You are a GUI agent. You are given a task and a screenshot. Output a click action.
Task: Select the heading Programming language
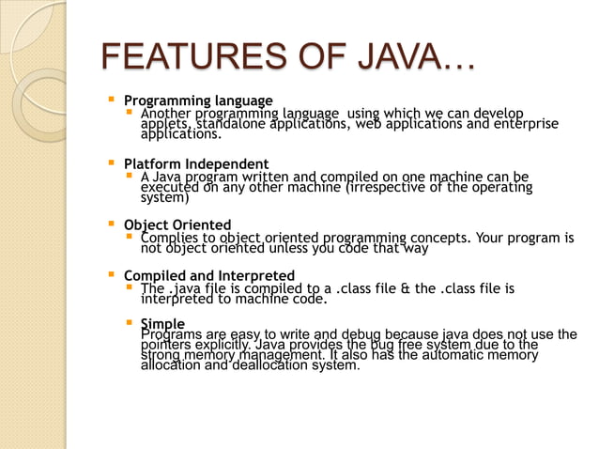[198, 101]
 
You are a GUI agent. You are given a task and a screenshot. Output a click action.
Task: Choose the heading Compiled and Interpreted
[209, 276]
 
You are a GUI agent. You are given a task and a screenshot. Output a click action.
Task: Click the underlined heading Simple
[161, 324]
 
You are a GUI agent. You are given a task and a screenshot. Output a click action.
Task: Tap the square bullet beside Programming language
[113, 100]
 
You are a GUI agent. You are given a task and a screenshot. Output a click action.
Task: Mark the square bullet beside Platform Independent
[113, 163]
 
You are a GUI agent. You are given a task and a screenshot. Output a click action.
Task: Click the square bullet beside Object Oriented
[113, 225]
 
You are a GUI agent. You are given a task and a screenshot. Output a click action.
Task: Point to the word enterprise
[525, 124]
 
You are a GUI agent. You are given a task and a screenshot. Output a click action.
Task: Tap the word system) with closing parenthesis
[164, 198]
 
